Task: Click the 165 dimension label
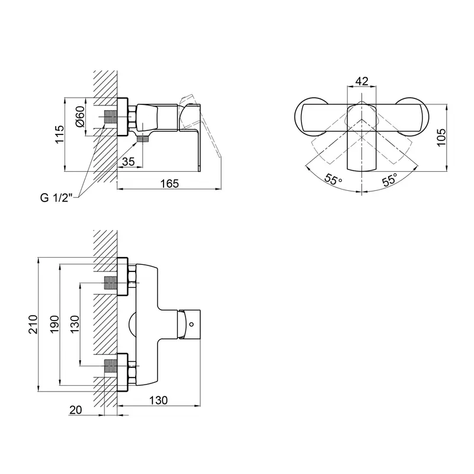point(169,184)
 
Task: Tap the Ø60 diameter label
point(81,117)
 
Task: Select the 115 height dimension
point(60,134)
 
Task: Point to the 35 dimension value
point(128,161)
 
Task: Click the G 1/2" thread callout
point(56,198)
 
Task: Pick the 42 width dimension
point(362,81)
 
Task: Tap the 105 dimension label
point(441,137)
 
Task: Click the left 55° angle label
point(333,180)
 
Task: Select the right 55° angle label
point(390,180)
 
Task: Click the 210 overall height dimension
point(33,324)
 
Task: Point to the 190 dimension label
point(55,324)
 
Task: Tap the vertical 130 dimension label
point(75,324)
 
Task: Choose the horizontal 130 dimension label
point(158,401)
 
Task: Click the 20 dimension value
point(76,410)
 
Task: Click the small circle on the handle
point(191,324)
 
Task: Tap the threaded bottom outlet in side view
point(142,139)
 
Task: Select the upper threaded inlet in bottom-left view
point(110,283)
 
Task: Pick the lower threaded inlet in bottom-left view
point(110,366)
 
